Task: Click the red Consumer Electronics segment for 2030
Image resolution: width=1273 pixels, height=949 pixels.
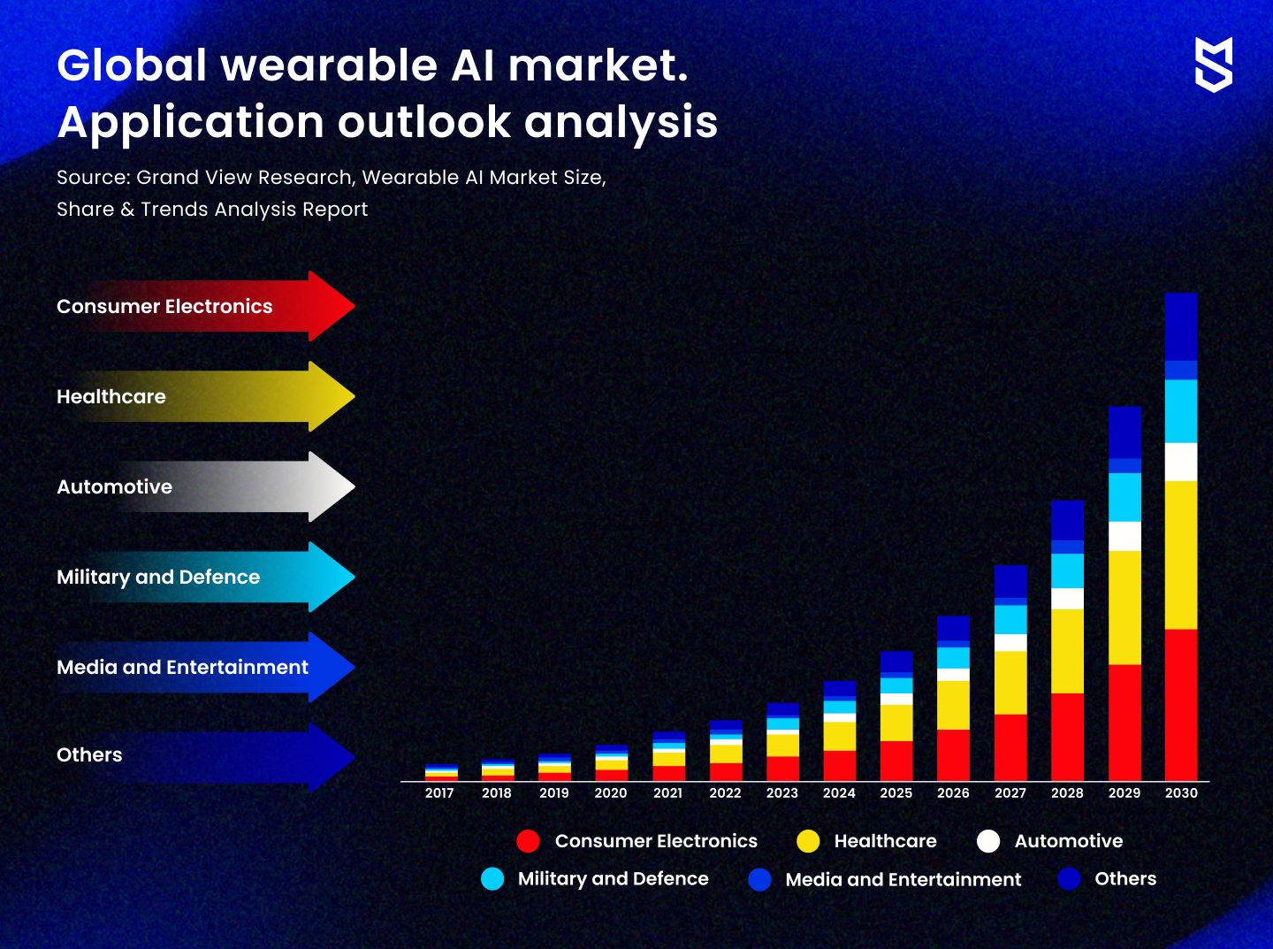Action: click(x=1180, y=705)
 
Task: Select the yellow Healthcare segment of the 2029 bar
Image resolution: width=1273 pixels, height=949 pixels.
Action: click(x=1124, y=608)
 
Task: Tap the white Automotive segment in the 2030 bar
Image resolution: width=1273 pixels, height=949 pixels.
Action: click(x=1180, y=462)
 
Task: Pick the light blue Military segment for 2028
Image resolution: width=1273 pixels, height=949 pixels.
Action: click(x=1067, y=571)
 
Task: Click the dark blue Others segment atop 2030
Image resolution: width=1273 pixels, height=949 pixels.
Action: click(x=1180, y=327)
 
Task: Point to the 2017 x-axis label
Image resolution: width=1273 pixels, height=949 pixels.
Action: click(x=439, y=793)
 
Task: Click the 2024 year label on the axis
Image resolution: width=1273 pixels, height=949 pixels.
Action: click(x=839, y=793)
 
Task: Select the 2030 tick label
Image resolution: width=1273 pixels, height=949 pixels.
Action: click(x=1181, y=793)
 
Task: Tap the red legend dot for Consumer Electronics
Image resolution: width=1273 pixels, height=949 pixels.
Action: click(x=528, y=841)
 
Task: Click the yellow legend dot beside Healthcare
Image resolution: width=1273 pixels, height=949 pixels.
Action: click(x=807, y=841)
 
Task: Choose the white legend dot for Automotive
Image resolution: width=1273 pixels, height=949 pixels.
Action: click(x=987, y=841)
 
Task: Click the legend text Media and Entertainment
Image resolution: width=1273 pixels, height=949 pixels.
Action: click(x=903, y=879)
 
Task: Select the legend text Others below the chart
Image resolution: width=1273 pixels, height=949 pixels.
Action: click(x=1125, y=878)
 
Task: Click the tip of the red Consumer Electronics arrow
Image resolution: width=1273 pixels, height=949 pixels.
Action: click(x=354, y=306)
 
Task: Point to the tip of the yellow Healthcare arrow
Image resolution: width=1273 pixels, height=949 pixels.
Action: click(x=354, y=396)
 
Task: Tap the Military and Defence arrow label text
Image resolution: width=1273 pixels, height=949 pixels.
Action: click(x=158, y=578)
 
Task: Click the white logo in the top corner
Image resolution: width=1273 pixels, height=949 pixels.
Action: click(x=1213, y=65)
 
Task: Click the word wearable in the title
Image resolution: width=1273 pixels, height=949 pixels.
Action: click(x=330, y=65)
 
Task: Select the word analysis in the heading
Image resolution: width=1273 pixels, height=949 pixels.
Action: click(x=621, y=123)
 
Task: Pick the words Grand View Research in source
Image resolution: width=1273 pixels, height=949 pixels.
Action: click(x=244, y=178)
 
